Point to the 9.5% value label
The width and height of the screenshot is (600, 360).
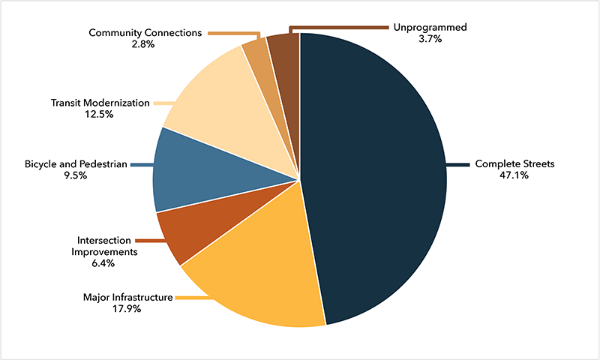pyautogui.click(x=75, y=175)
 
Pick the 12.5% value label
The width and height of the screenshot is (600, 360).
pyautogui.click(x=100, y=115)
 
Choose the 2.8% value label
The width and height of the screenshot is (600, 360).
pyautogui.click(x=142, y=44)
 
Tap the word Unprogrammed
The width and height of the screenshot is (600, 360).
pyautogui.click(x=430, y=27)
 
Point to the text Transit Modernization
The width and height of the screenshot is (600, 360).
pyautogui.click(x=100, y=103)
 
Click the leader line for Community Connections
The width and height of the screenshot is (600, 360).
pyautogui.click(x=232, y=33)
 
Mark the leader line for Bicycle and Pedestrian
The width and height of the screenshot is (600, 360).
pyautogui.click(x=141, y=164)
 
